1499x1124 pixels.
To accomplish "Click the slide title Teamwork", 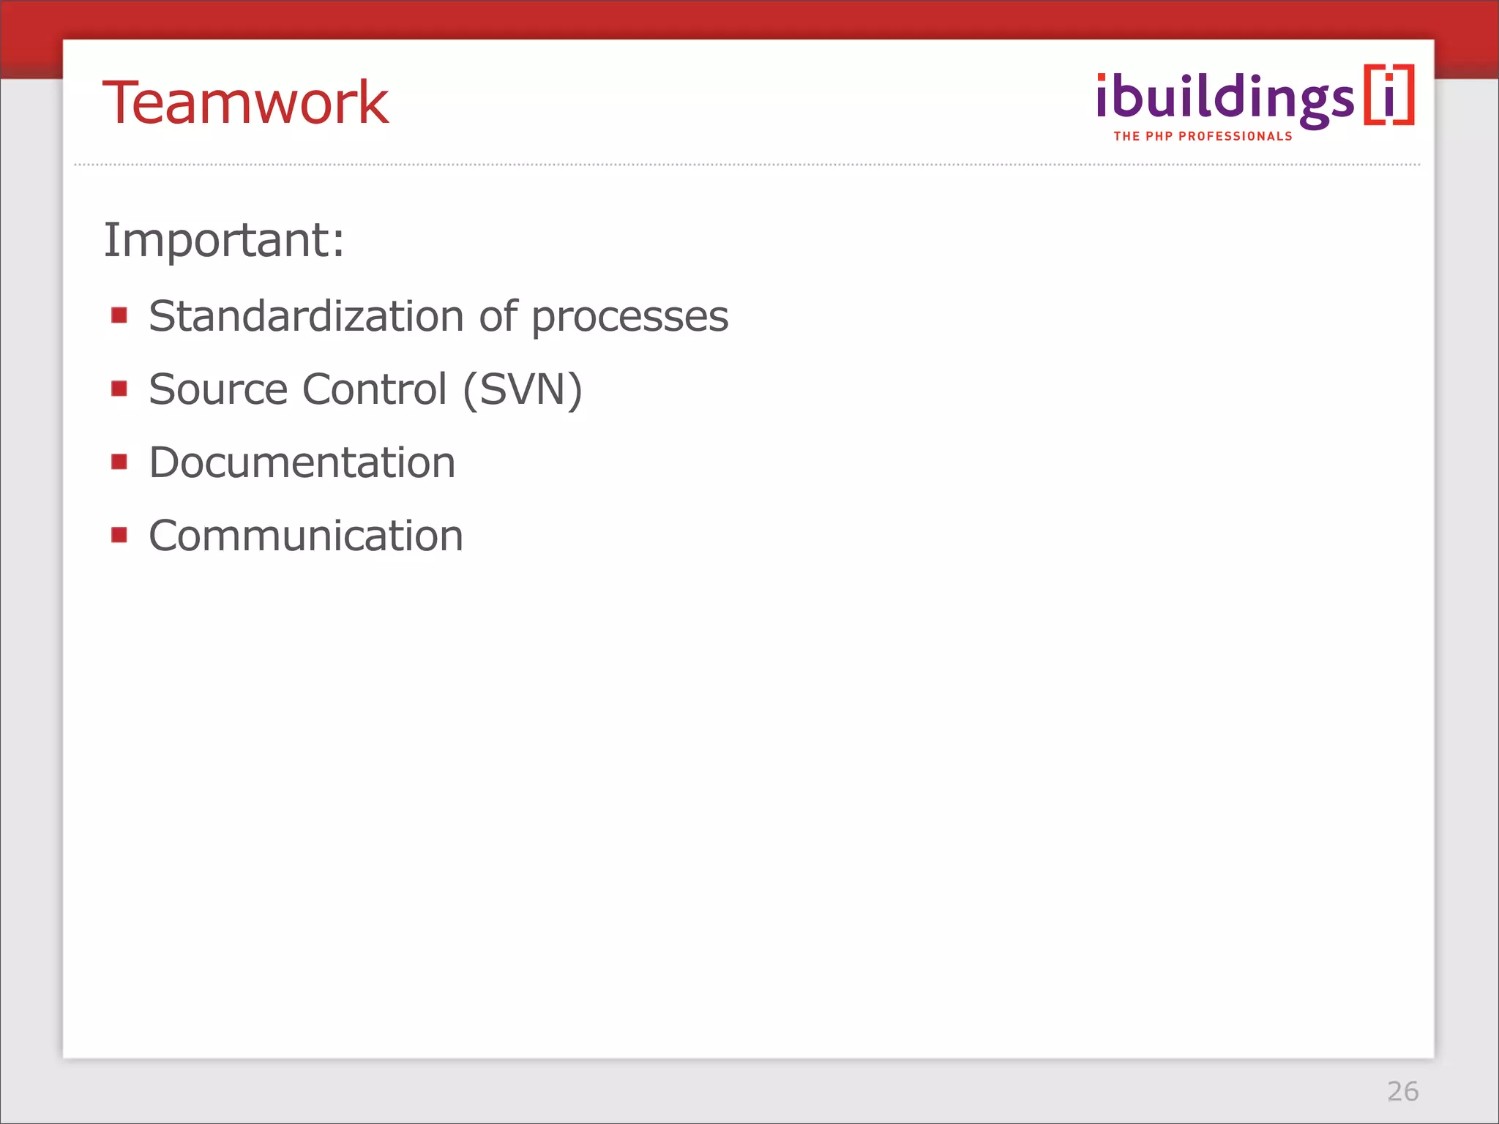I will tap(245, 102).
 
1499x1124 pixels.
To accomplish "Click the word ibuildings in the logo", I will tap(1225, 99).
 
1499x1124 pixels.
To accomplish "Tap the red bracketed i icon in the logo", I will tap(1388, 95).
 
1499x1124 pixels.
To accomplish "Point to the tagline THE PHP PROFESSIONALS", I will tap(1203, 136).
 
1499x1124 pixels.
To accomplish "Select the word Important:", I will tap(224, 240).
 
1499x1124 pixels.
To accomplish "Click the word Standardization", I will tap(306, 316).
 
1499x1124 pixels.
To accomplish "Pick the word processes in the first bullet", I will tap(629, 318).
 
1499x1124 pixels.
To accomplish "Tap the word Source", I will tap(217, 389).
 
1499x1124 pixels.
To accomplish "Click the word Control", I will tap(374, 389).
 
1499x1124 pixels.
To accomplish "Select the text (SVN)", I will tap(523, 389).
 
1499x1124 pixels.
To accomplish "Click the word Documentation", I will tap(302, 462).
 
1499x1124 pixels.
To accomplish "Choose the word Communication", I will tap(306, 536).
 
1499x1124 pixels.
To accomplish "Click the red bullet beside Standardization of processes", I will tap(119, 315).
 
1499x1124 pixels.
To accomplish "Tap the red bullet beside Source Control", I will tap(119, 388).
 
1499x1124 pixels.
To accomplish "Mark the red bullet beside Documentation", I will tap(119, 462).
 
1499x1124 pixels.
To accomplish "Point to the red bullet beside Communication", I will tap(119, 535).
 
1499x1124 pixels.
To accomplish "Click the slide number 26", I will tap(1402, 1091).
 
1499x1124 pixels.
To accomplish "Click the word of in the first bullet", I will tap(498, 316).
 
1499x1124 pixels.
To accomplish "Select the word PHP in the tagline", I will tap(1159, 136).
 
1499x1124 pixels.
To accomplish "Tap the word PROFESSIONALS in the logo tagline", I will tap(1236, 136).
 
